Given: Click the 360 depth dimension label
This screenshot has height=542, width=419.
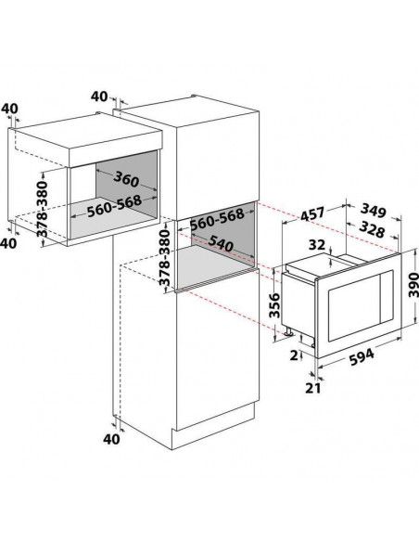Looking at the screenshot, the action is click(x=126, y=179).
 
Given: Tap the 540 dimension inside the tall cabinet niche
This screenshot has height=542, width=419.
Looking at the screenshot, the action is click(x=221, y=243).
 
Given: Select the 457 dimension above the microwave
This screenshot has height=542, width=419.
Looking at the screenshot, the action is click(x=312, y=213).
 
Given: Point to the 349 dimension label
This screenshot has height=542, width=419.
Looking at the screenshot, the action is click(x=373, y=211).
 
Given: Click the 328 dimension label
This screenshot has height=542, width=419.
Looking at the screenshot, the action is click(x=372, y=229).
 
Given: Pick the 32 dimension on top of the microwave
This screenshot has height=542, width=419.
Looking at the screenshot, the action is click(x=317, y=245).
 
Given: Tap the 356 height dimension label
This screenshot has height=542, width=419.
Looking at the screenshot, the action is click(x=274, y=305).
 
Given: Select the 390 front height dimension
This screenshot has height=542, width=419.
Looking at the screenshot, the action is click(x=413, y=284).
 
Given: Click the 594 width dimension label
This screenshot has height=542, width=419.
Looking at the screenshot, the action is click(x=362, y=357).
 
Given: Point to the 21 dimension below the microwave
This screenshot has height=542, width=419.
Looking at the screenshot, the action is click(x=313, y=388).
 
